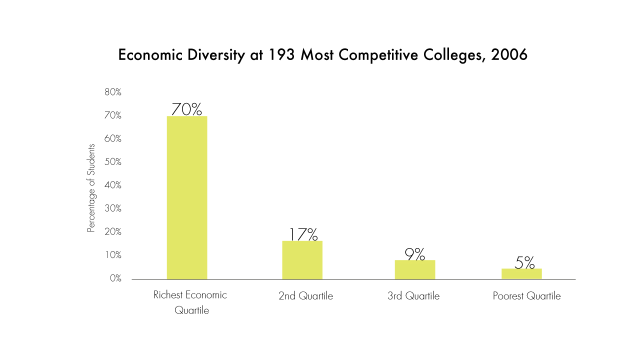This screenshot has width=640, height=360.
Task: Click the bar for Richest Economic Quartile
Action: click(187, 197)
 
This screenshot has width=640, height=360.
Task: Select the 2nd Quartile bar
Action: click(302, 260)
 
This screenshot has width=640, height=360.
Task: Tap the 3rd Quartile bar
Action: click(414, 269)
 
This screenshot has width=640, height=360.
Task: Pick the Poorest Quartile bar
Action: click(524, 274)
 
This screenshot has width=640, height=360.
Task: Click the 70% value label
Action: click(186, 109)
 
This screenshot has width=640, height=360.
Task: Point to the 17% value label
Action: click(303, 234)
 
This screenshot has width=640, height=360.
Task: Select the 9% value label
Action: click(414, 254)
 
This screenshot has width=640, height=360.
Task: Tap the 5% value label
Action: click(524, 262)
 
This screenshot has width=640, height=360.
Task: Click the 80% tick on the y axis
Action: click(113, 92)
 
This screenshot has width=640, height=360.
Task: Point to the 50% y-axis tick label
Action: click(113, 162)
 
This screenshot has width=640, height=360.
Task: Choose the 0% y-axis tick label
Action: click(115, 278)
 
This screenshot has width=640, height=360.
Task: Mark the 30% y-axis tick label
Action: click(113, 208)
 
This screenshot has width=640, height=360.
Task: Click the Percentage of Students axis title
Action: click(91, 188)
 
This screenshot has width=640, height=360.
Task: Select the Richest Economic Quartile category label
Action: click(190, 302)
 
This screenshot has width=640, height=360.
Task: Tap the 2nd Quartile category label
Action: click(305, 296)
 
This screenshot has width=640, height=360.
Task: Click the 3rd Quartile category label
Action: click(413, 296)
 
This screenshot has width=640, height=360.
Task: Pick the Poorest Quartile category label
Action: click(526, 296)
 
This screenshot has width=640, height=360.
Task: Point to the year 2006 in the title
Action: click(509, 55)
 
